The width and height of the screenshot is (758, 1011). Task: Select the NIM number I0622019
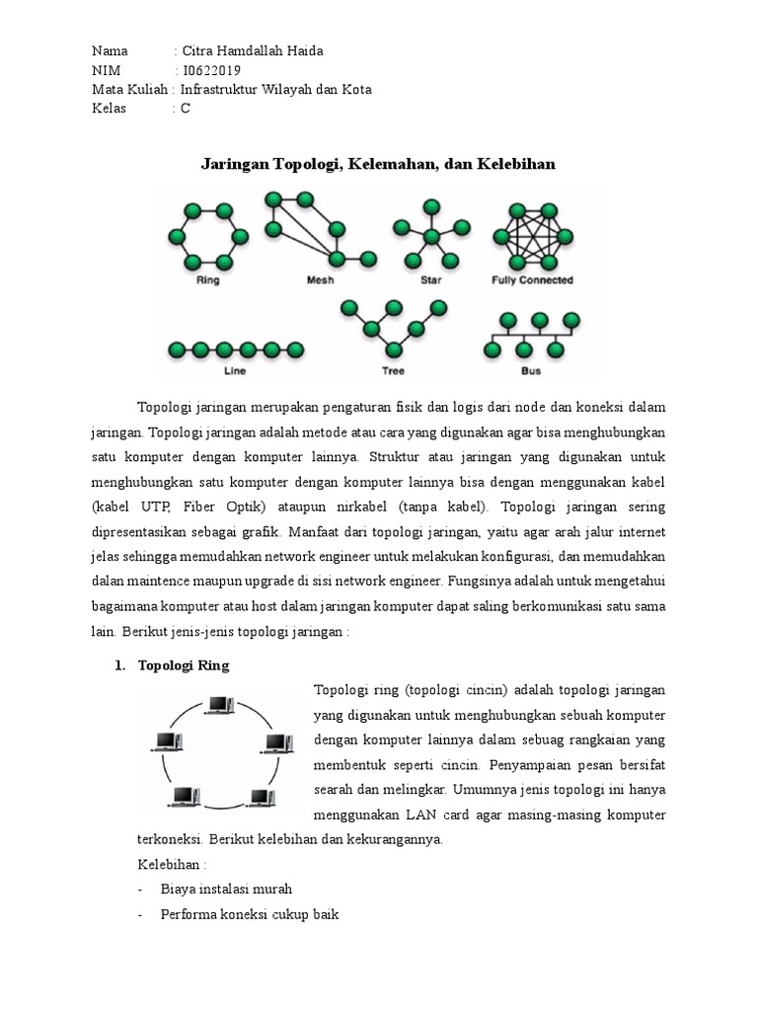pyautogui.click(x=212, y=70)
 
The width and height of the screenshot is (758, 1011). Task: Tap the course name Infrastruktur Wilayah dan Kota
pyautogui.click(x=275, y=90)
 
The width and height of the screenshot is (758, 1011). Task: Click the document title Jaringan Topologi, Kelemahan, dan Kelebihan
pyautogui.click(x=378, y=164)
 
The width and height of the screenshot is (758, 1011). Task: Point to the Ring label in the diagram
pyautogui.click(x=208, y=280)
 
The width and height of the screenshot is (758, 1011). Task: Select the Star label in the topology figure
pyautogui.click(x=430, y=280)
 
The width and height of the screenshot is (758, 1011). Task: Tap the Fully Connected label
pyautogui.click(x=532, y=280)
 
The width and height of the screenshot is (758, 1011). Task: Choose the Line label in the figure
pyautogui.click(x=235, y=372)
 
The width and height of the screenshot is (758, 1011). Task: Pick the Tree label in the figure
pyautogui.click(x=393, y=372)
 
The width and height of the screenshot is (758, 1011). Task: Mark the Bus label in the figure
pyautogui.click(x=531, y=372)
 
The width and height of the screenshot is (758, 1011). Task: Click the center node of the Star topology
pyautogui.click(x=431, y=236)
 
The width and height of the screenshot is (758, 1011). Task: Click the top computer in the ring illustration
pyautogui.click(x=218, y=705)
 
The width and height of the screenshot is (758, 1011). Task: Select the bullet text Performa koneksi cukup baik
pyautogui.click(x=250, y=914)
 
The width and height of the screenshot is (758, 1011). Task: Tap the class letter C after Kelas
pyautogui.click(x=186, y=109)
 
